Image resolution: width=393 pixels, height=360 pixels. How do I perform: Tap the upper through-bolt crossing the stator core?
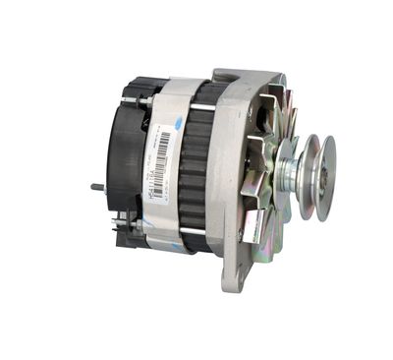tap(196, 106)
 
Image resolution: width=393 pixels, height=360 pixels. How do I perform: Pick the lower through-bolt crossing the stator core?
tap(194, 230)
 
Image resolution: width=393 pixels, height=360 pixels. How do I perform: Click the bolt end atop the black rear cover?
tap(145, 98)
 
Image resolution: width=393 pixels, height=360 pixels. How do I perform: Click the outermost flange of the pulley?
tap(324, 178)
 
